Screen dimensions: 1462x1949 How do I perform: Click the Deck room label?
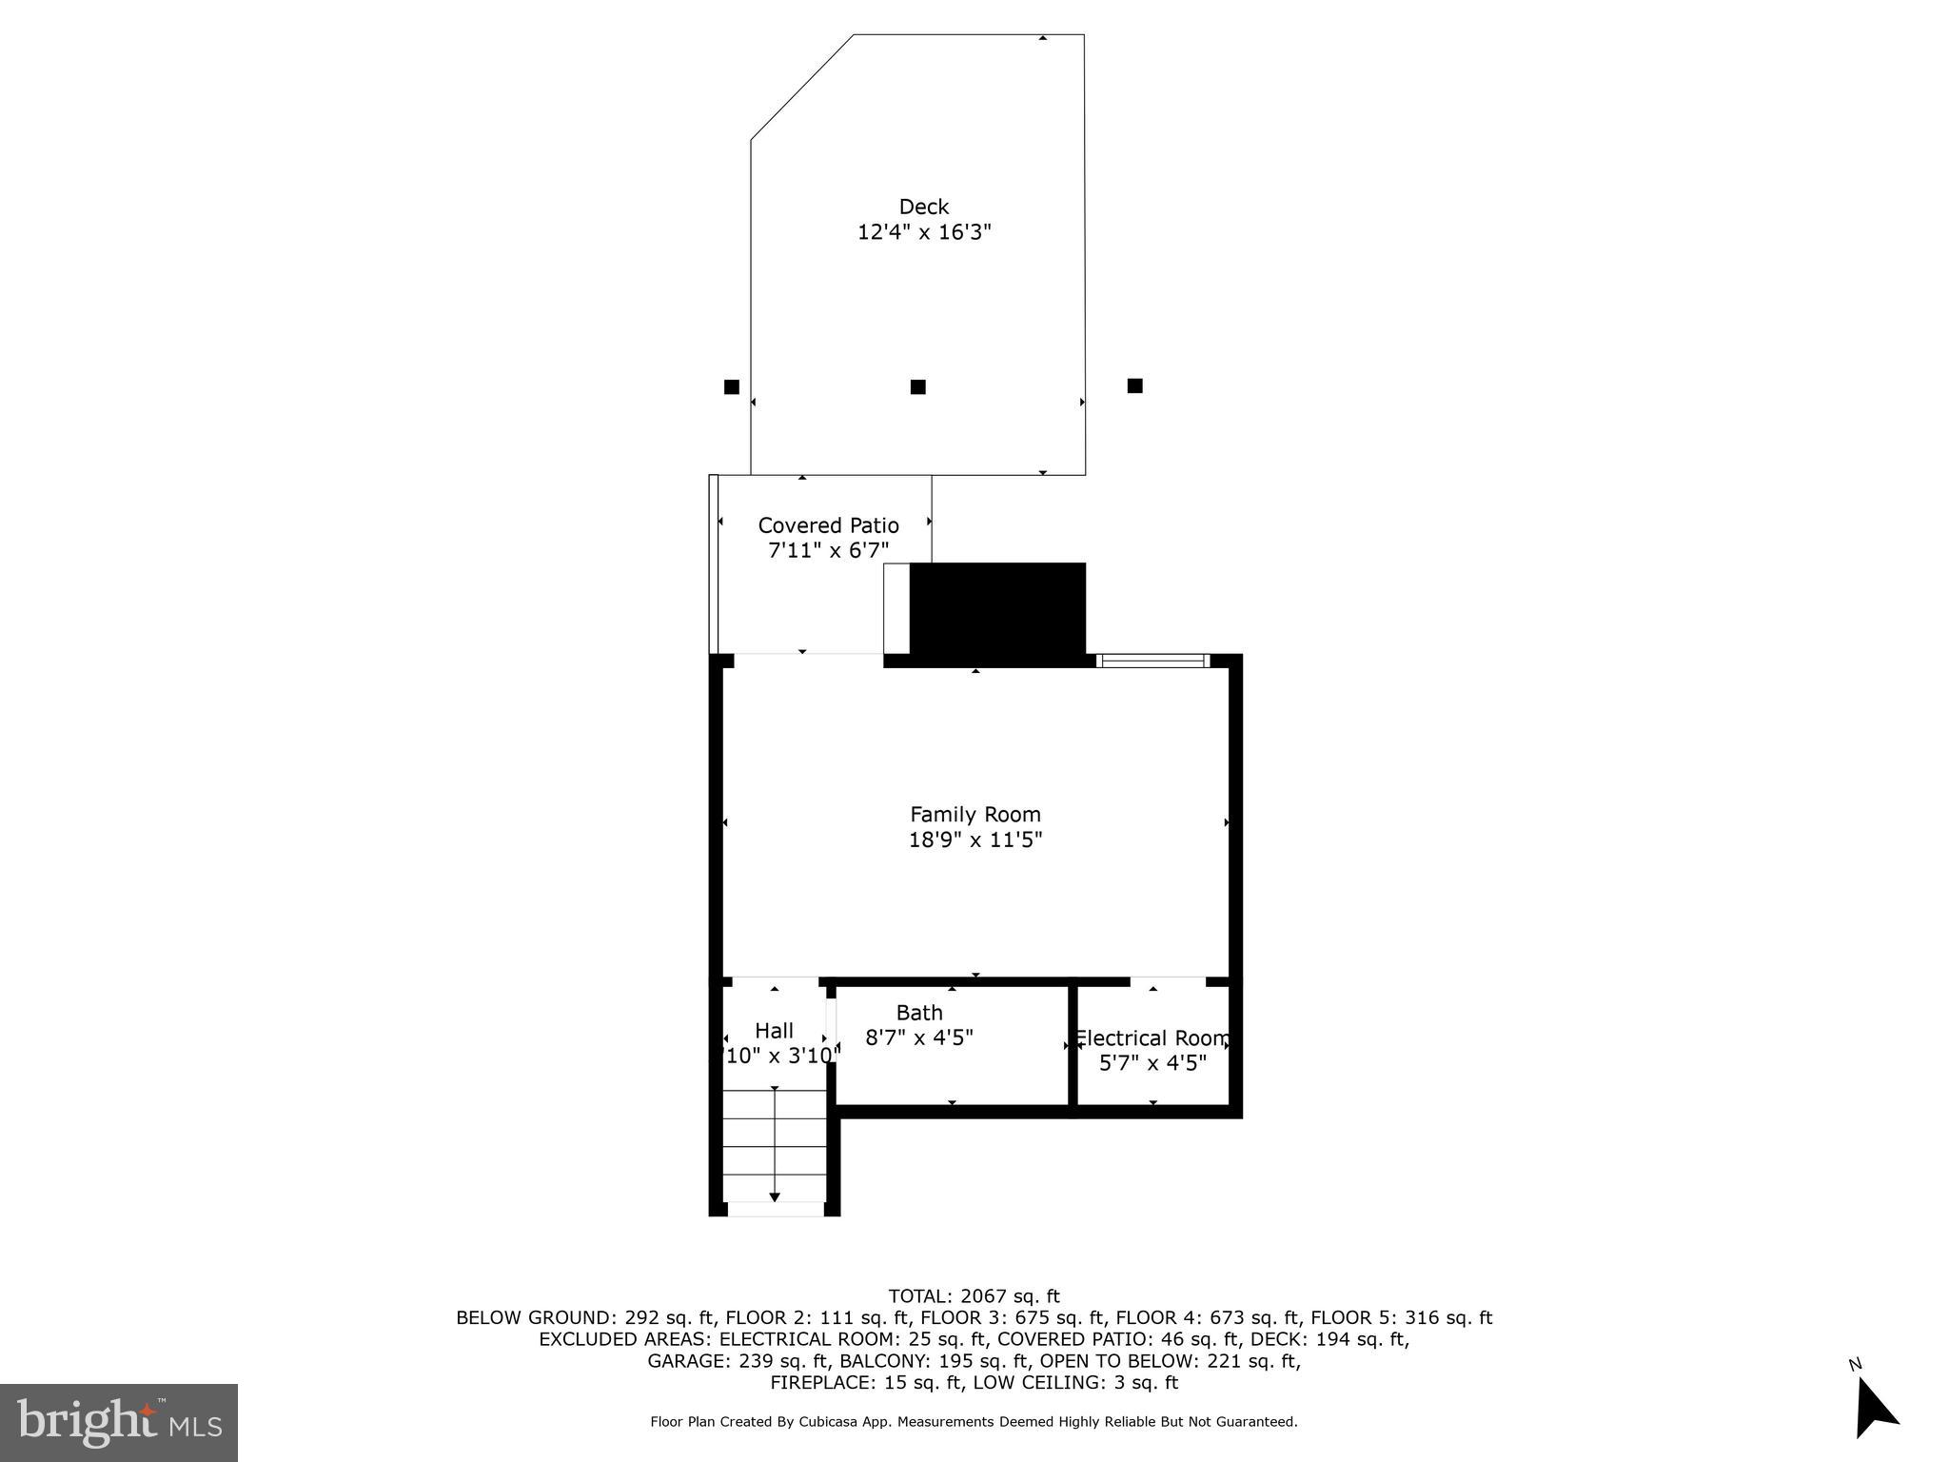pyautogui.click(x=924, y=207)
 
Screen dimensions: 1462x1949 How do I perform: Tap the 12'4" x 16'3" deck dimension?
pyautogui.click(x=924, y=232)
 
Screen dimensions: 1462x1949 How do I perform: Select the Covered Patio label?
pyautogui.click(x=828, y=525)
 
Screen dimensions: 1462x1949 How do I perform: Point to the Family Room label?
pyautogui.click(x=975, y=815)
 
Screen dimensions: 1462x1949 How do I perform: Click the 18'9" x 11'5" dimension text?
pyautogui.click(x=975, y=840)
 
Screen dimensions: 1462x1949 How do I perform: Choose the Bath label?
pyautogui.click(x=919, y=1013)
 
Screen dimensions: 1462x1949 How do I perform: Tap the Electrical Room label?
pyautogui.click(x=1152, y=1038)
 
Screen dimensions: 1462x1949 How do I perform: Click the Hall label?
pyautogui.click(x=774, y=1031)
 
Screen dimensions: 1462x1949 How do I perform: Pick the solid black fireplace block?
pyautogui.click(x=997, y=609)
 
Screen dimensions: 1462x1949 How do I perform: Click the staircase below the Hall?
pyautogui.click(x=775, y=1146)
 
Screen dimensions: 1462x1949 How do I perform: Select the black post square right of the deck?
pyautogui.click(x=1134, y=385)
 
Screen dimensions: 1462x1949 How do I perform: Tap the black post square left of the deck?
pyautogui.click(x=731, y=386)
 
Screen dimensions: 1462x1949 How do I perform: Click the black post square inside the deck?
pyautogui.click(x=917, y=386)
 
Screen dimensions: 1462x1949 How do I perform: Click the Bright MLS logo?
pyautogui.click(x=119, y=1422)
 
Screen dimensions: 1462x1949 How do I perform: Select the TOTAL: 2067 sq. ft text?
pyautogui.click(x=974, y=1296)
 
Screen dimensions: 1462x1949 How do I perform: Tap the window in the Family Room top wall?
pyautogui.click(x=1152, y=661)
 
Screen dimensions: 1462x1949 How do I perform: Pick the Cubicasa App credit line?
pyautogui.click(x=974, y=1422)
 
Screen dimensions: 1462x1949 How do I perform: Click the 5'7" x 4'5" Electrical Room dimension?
pyautogui.click(x=1152, y=1063)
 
